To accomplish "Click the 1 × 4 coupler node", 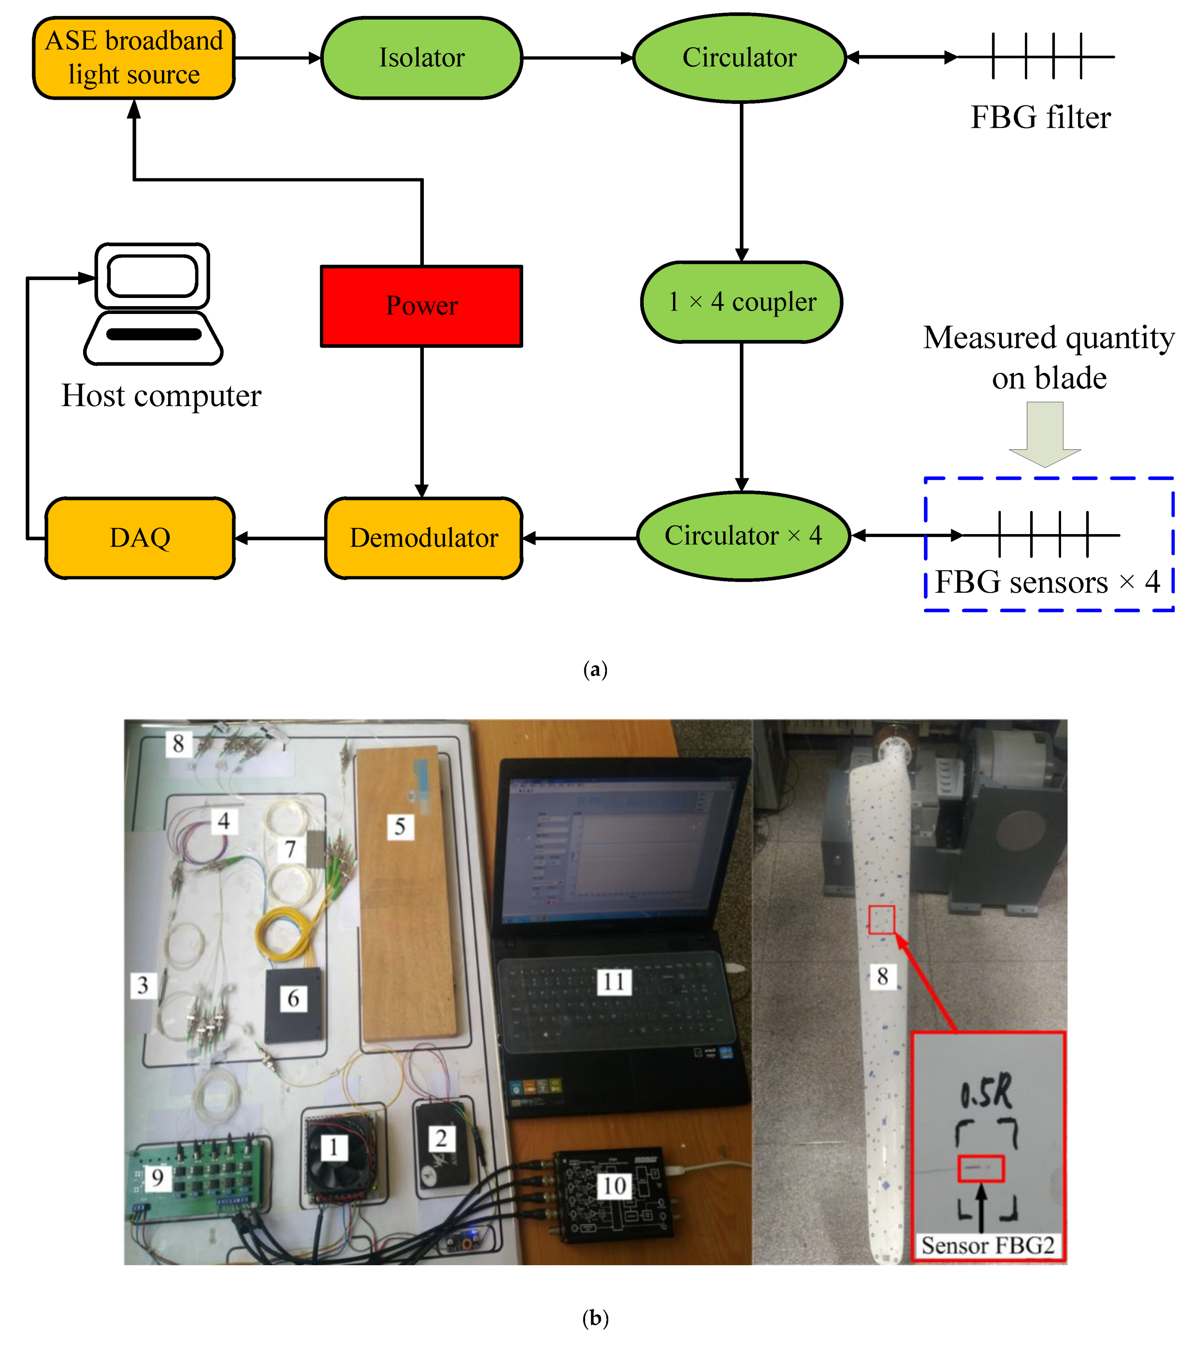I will click(741, 302).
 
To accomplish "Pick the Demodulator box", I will click(424, 538).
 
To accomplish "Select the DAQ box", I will click(140, 538).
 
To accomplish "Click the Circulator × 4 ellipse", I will click(743, 536).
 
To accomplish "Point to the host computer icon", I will click(153, 304).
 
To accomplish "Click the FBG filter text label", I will click(1040, 118).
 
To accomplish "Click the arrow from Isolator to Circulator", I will click(577, 58).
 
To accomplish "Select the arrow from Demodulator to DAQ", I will click(280, 538).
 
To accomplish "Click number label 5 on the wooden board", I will click(399, 826).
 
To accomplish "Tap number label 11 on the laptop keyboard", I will click(613, 982).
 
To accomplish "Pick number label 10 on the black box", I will click(614, 1186).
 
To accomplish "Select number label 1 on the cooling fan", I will click(333, 1147).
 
